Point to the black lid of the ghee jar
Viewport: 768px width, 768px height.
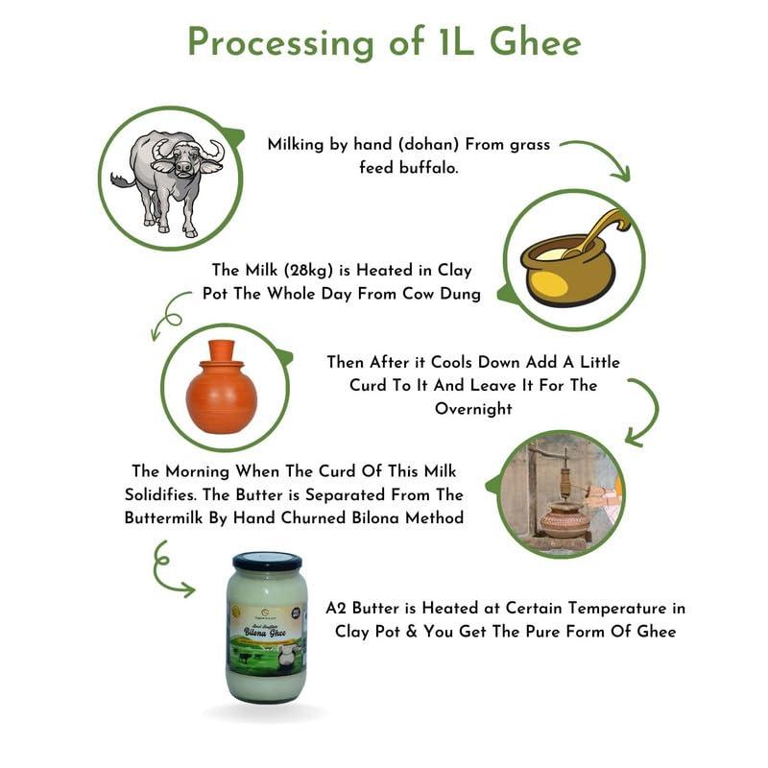pos(267,561)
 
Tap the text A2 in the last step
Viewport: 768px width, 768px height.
pos(336,608)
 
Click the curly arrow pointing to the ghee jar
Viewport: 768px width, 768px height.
pos(169,568)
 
